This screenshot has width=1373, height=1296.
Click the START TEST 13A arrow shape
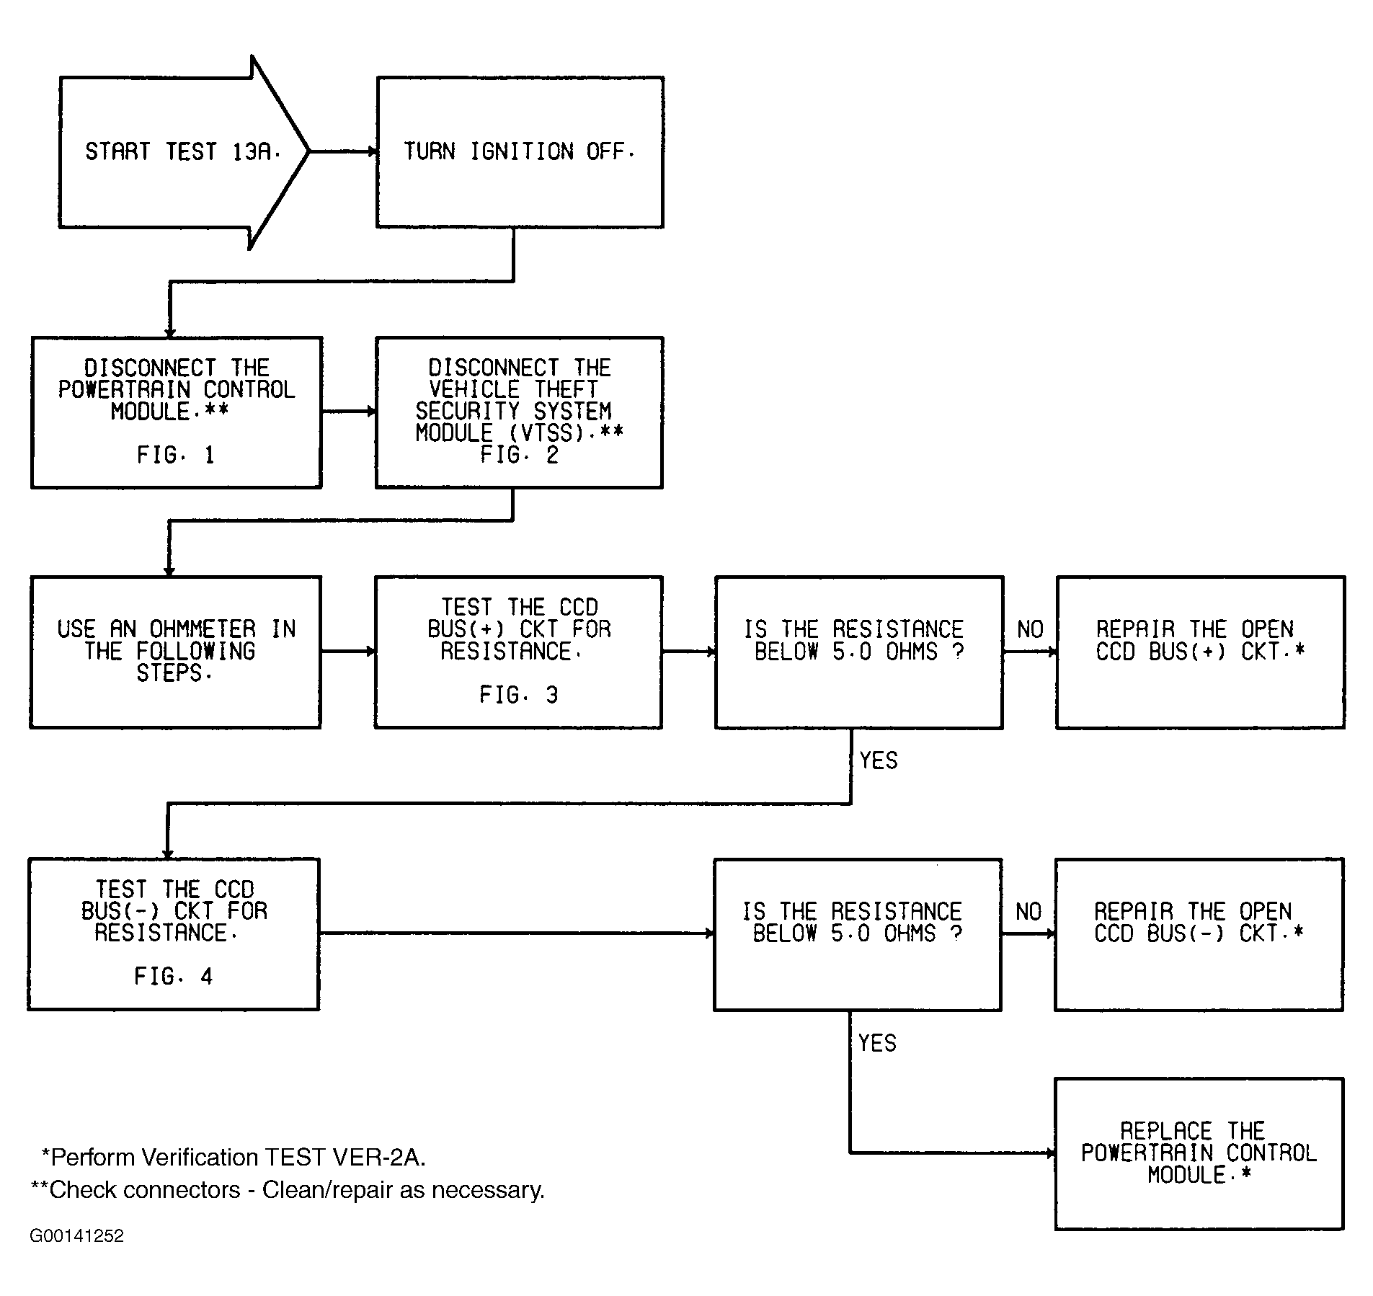click(x=184, y=152)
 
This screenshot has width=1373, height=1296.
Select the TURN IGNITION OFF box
click(x=520, y=152)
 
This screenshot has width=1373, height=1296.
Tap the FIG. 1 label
click(x=176, y=455)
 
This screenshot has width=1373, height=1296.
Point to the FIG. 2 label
click(x=519, y=455)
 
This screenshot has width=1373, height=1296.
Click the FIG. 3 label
click(x=519, y=695)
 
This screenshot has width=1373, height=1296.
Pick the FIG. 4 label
click(x=174, y=977)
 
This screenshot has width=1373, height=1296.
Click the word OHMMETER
click(x=203, y=629)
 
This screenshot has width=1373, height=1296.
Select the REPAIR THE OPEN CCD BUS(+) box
click(x=1200, y=652)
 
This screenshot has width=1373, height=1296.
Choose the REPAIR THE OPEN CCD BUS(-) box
click(x=1199, y=934)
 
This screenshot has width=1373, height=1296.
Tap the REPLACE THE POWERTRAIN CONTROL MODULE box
click(x=1199, y=1153)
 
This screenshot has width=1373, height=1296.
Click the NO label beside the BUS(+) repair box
click(x=1030, y=629)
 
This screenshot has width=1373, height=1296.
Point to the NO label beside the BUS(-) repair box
click(x=1028, y=912)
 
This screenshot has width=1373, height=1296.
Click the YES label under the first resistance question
click(x=879, y=760)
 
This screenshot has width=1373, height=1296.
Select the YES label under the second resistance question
click(x=877, y=1043)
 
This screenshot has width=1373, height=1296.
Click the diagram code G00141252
click(x=77, y=1256)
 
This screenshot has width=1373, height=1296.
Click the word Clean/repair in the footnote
click(x=328, y=1190)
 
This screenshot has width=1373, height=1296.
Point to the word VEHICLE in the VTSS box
click(x=474, y=390)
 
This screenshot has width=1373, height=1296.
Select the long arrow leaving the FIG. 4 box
click(x=517, y=933)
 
